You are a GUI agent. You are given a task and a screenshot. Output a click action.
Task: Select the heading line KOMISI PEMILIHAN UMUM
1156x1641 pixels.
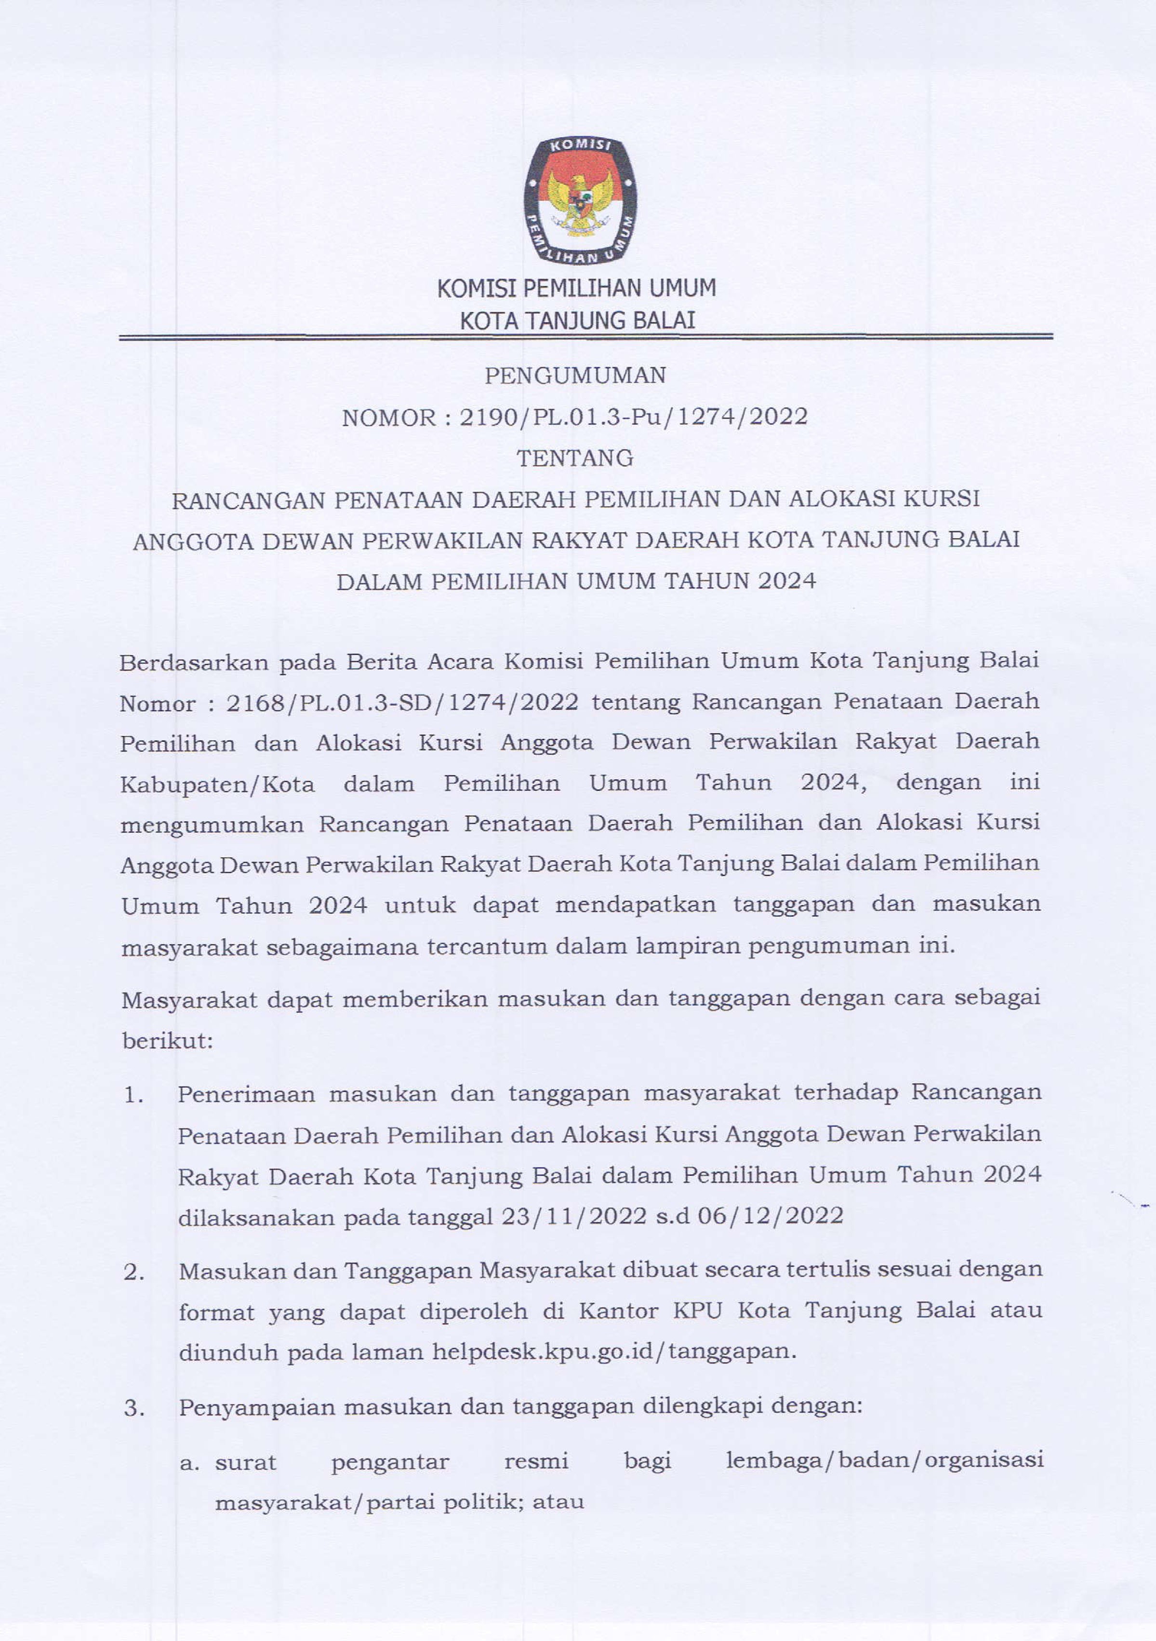point(576,288)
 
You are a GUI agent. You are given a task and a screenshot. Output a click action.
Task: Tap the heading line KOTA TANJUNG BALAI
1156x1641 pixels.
point(577,321)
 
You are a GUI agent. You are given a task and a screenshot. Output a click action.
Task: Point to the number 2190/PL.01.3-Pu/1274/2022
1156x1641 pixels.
point(633,417)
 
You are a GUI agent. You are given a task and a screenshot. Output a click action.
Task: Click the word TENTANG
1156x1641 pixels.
point(575,458)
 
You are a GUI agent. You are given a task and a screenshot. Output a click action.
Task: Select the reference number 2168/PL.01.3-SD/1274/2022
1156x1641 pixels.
point(402,703)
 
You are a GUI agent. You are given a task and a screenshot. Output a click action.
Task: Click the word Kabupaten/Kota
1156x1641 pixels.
point(217,785)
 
